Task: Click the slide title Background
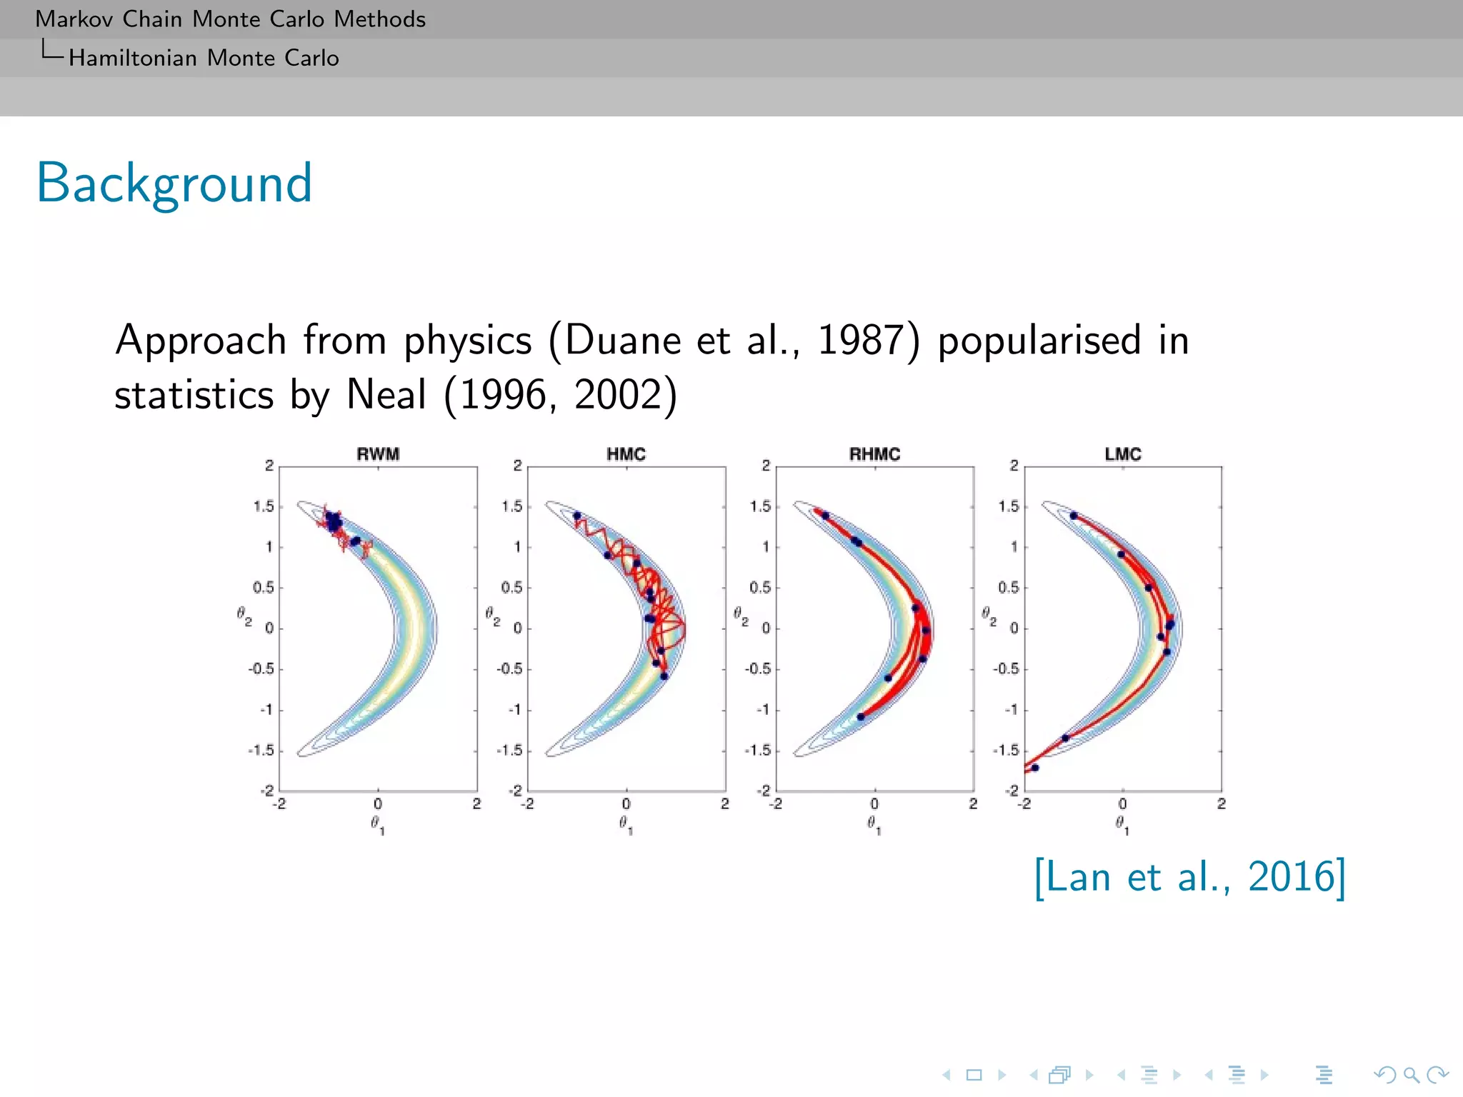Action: click(174, 184)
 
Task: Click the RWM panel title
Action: click(378, 454)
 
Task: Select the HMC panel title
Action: click(626, 454)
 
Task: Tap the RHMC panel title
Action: click(874, 454)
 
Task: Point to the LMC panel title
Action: click(1122, 454)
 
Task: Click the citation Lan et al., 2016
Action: click(1190, 876)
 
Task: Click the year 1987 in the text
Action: click(861, 340)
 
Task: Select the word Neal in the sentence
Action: click(386, 394)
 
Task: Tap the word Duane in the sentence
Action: click(621, 340)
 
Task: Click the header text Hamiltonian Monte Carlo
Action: click(204, 58)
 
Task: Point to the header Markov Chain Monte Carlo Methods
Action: click(230, 19)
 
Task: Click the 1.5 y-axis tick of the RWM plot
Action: click(264, 506)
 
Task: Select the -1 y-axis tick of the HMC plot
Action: click(515, 710)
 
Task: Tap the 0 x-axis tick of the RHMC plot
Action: click(874, 804)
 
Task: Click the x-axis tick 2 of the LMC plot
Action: click(1222, 804)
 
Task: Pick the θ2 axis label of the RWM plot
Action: click(244, 616)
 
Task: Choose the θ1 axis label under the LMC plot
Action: click(1122, 825)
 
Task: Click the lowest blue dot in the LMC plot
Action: click(1035, 768)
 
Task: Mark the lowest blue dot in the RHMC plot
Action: click(861, 716)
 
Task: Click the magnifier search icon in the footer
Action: click(1411, 1075)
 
